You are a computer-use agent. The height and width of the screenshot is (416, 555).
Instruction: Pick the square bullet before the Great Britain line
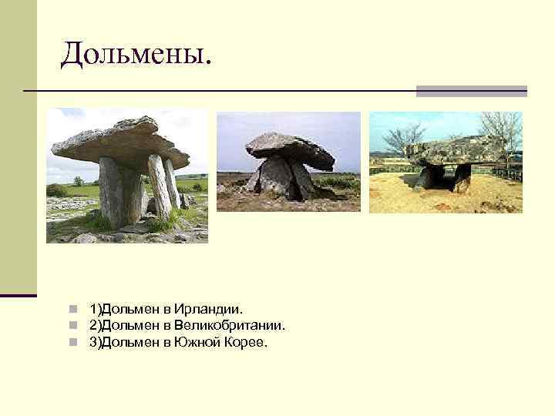[x=72, y=326]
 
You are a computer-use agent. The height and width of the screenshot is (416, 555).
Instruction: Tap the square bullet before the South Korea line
[x=72, y=342]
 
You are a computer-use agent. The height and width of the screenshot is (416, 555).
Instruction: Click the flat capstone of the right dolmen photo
[x=455, y=150]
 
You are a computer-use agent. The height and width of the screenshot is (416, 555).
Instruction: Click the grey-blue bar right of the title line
[x=471, y=91]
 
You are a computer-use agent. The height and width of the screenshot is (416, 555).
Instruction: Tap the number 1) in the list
[x=95, y=310]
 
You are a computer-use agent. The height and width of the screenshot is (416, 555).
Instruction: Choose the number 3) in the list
[x=95, y=342]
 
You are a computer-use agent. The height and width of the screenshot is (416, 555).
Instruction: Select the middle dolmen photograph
[x=288, y=162]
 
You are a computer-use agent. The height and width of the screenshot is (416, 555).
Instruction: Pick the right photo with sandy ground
[x=446, y=163]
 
